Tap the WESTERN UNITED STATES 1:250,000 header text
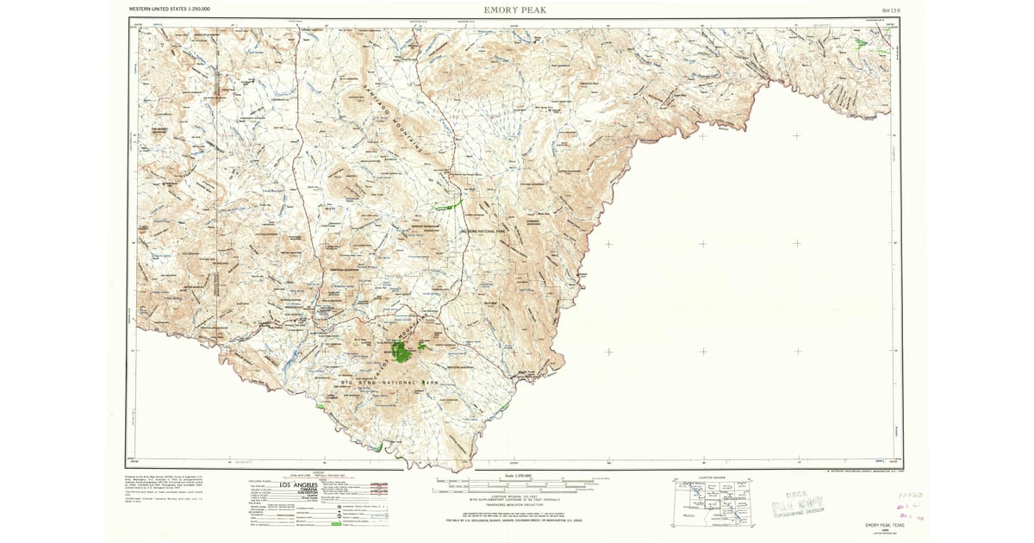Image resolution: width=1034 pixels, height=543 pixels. (169, 9)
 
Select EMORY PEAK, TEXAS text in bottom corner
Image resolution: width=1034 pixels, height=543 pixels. (888, 525)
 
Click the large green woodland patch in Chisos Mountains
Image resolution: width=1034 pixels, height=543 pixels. (402, 350)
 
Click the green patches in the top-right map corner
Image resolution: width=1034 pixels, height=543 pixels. (862, 41)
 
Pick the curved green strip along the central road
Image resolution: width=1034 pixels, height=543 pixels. (449, 204)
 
